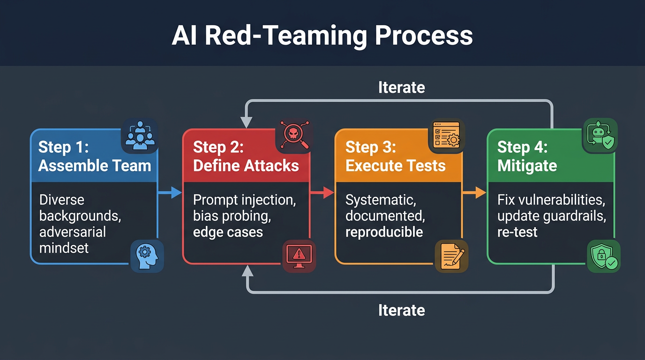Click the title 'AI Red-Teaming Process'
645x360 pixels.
322,36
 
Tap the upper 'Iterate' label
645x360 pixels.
401,88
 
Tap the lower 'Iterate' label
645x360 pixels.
401,310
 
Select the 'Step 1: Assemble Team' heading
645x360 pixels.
94,156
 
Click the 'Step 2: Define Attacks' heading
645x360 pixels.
246,156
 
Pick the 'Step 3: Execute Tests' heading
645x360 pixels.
395,156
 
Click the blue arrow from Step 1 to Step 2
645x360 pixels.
170,192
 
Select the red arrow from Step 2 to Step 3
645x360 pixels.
322,192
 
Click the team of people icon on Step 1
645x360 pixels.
139,135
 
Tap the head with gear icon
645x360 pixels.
147,256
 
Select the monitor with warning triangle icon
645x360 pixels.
299,256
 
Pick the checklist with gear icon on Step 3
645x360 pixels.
446,135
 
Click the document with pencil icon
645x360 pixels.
452,256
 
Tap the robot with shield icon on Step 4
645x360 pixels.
600,135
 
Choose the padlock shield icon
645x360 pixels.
604,256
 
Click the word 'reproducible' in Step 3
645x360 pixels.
384,232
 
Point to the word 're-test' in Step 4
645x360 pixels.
517,232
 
